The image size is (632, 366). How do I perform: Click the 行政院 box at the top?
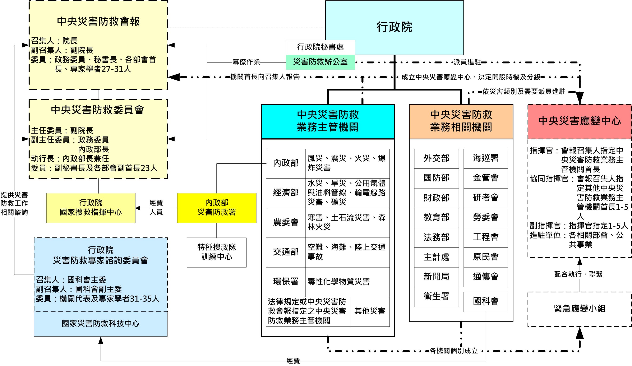(394, 27)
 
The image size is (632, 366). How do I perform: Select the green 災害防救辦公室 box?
(320, 62)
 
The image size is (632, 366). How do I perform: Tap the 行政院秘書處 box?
(320, 47)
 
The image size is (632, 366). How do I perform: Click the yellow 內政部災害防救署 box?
(217, 208)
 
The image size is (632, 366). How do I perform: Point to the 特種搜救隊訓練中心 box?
(217, 252)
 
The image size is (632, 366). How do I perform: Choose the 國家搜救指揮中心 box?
(91, 208)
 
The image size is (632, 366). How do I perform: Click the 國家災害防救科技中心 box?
(101, 324)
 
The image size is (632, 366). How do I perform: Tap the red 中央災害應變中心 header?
(580, 121)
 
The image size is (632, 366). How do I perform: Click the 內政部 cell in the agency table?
(286, 163)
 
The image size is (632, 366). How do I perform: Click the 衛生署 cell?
(436, 297)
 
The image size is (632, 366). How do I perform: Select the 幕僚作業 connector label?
(246, 62)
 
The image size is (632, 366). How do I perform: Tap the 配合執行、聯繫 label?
(580, 274)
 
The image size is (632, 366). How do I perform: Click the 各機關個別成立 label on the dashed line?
(454, 351)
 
